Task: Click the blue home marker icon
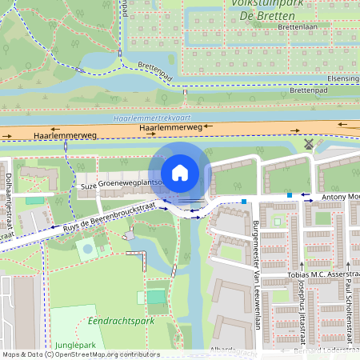(x=180, y=172)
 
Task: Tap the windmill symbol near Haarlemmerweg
(x=310, y=145)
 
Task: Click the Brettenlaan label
(x=299, y=26)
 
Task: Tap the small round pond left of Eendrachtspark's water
(x=86, y=250)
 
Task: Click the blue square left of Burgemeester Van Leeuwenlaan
(x=243, y=201)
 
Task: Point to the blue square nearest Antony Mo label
(x=289, y=194)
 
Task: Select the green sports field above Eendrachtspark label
(x=156, y=296)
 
